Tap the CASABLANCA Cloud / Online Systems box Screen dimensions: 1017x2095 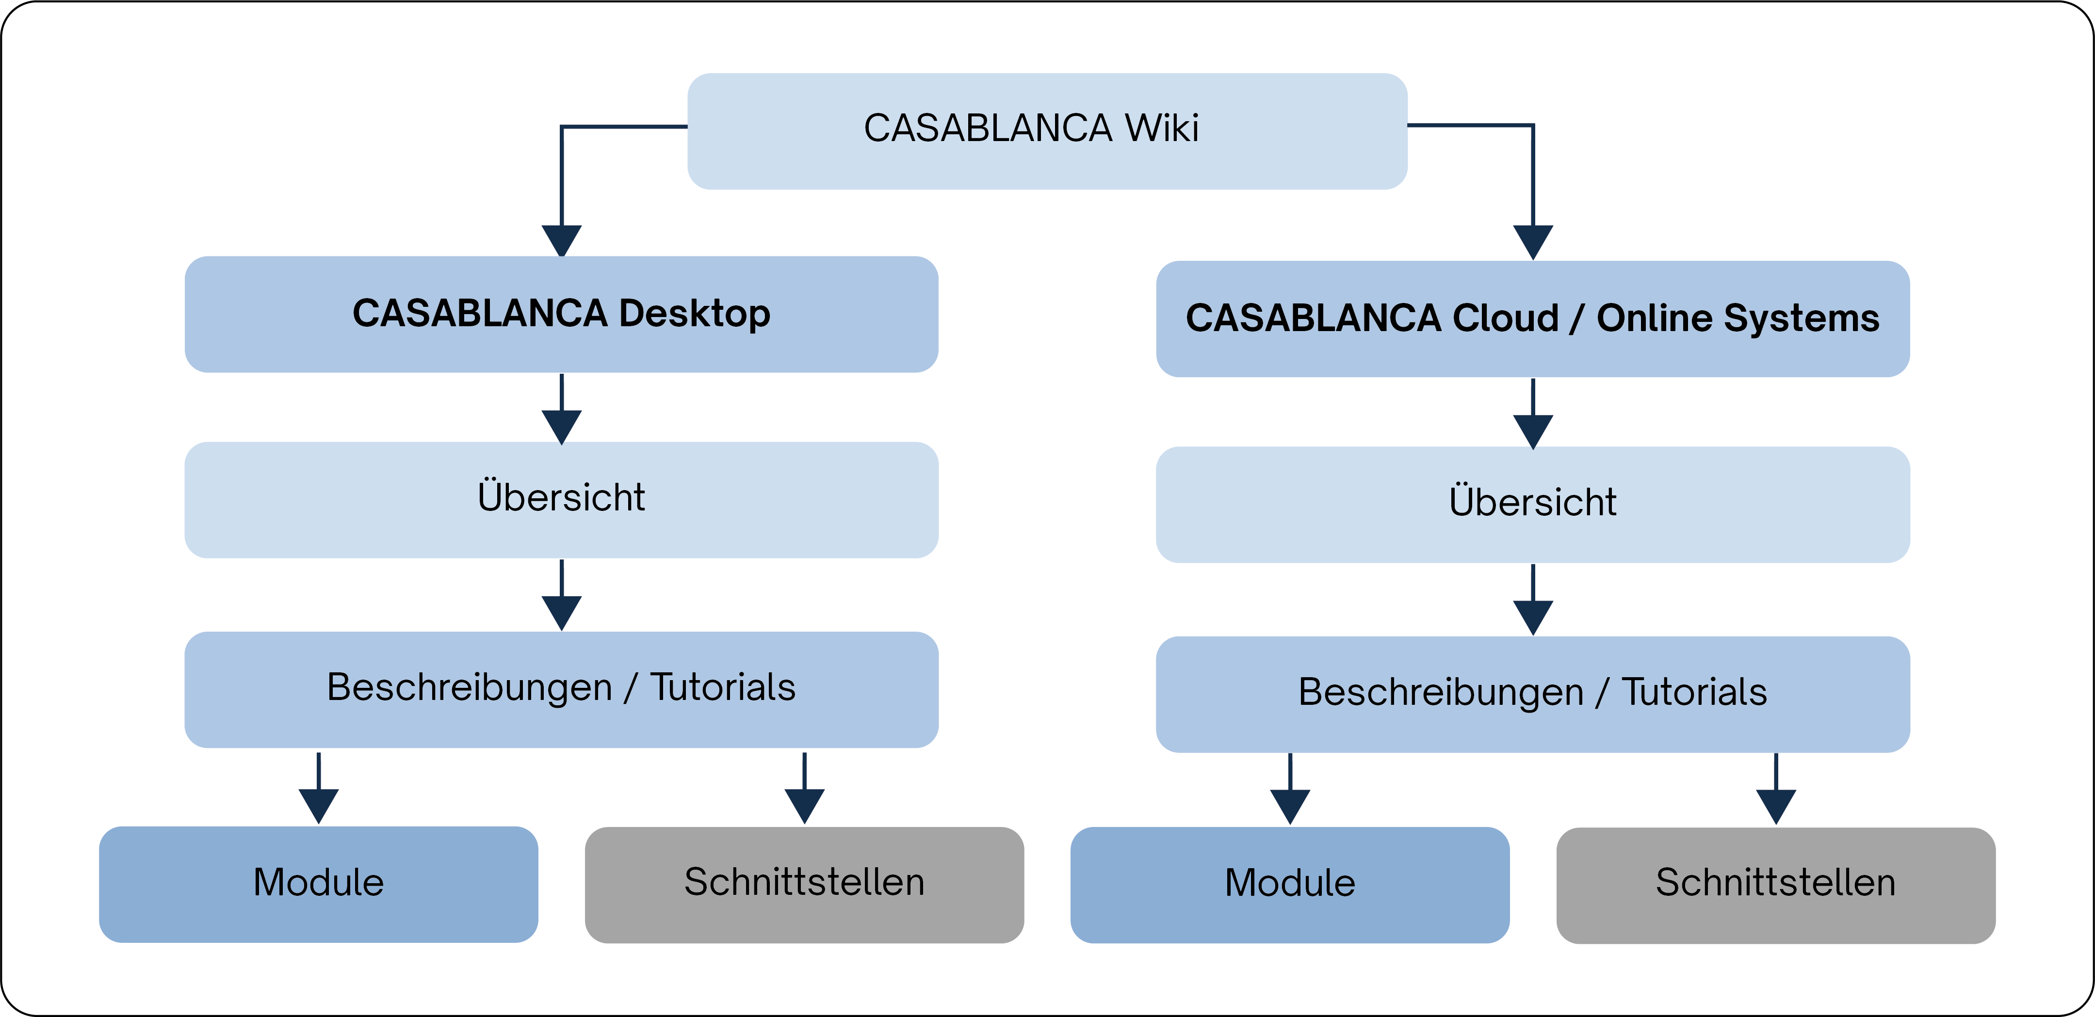coord(1532,318)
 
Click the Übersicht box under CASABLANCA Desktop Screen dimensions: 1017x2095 coord(561,499)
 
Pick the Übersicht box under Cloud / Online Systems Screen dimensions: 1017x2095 coord(1532,504)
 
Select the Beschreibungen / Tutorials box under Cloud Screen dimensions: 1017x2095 coord(1532,694)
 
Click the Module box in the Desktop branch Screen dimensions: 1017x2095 coord(318,884)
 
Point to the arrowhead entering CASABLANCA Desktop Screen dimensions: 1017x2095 coord(561,240)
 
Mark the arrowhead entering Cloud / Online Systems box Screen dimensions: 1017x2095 coord(1533,241)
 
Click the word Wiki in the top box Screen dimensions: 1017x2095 coord(1161,128)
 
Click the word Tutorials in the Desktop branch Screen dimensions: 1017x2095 coord(722,688)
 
